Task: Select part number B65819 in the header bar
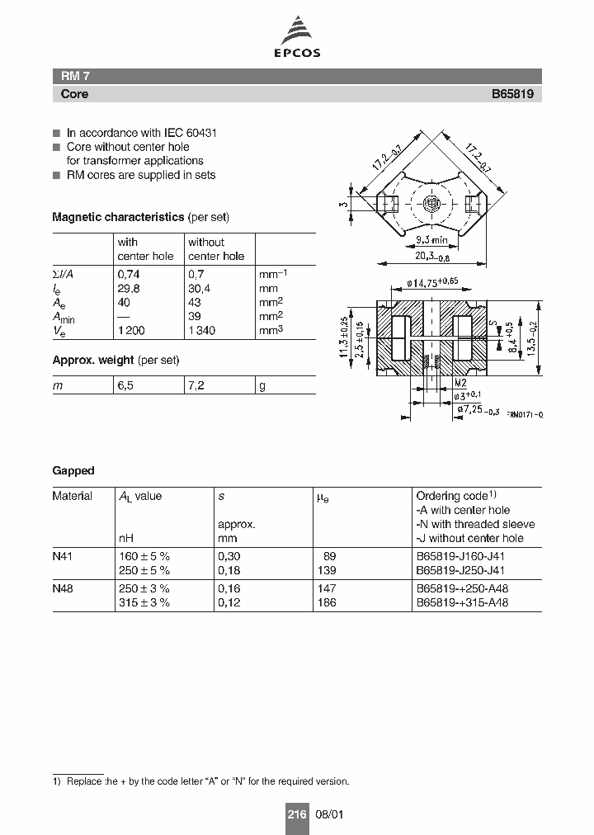pyautogui.click(x=512, y=94)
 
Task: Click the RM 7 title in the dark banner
pyautogui.click(x=70, y=76)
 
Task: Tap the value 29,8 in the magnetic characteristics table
pyautogui.click(x=128, y=289)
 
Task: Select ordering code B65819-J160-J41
pyautogui.click(x=460, y=557)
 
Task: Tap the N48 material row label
pyautogui.click(x=63, y=589)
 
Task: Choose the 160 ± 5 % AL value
pyautogui.click(x=144, y=557)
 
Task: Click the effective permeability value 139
pyautogui.click(x=327, y=570)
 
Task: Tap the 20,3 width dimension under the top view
pyautogui.click(x=437, y=257)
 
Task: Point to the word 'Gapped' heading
pyautogui.click(x=73, y=470)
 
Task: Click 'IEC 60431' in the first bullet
pyautogui.click(x=188, y=133)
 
